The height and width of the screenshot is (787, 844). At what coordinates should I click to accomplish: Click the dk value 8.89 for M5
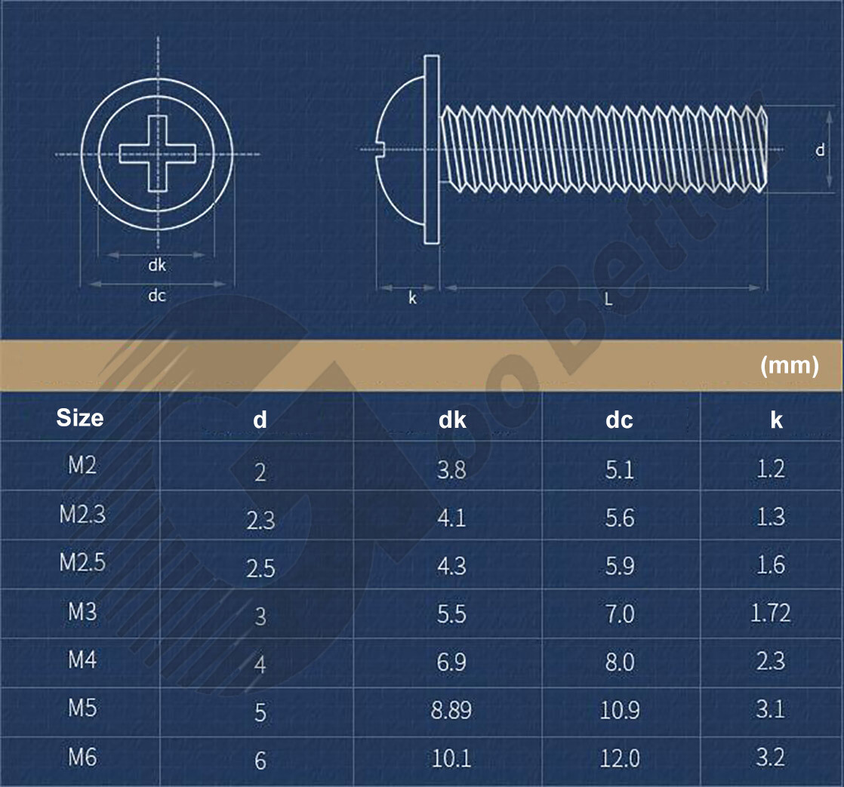tap(451, 711)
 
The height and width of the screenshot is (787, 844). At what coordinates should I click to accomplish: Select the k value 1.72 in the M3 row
tap(770, 613)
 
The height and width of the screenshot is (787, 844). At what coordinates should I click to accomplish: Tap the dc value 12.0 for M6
tap(619, 758)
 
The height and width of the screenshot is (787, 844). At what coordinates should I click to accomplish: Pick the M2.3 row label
tap(82, 515)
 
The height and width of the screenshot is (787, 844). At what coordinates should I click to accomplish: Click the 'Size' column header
tap(80, 417)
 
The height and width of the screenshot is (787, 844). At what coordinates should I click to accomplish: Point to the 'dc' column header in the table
tap(619, 420)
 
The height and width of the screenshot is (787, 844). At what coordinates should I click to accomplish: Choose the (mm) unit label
tap(789, 366)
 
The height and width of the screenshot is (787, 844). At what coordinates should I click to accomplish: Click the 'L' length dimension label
tap(608, 298)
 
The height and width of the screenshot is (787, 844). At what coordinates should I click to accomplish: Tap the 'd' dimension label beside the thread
tap(820, 150)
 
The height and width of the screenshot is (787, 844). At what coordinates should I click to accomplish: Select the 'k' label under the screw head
tap(412, 298)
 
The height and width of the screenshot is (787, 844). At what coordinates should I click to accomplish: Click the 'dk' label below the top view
tap(157, 265)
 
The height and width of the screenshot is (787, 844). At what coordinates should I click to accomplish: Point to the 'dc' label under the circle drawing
tap(157, 295)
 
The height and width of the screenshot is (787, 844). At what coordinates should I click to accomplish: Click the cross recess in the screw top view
tap(157, 153)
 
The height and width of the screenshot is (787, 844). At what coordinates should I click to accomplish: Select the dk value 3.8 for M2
tap(451, 470)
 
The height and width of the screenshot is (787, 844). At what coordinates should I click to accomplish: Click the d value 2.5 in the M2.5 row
tap(260, 568)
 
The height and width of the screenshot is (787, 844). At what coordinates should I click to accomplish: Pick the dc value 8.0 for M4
tap(619, 662)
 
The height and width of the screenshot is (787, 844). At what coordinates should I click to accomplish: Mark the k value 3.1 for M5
tap(770, 709)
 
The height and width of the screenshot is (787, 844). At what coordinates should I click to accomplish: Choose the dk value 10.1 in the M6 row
tap(451, 758)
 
